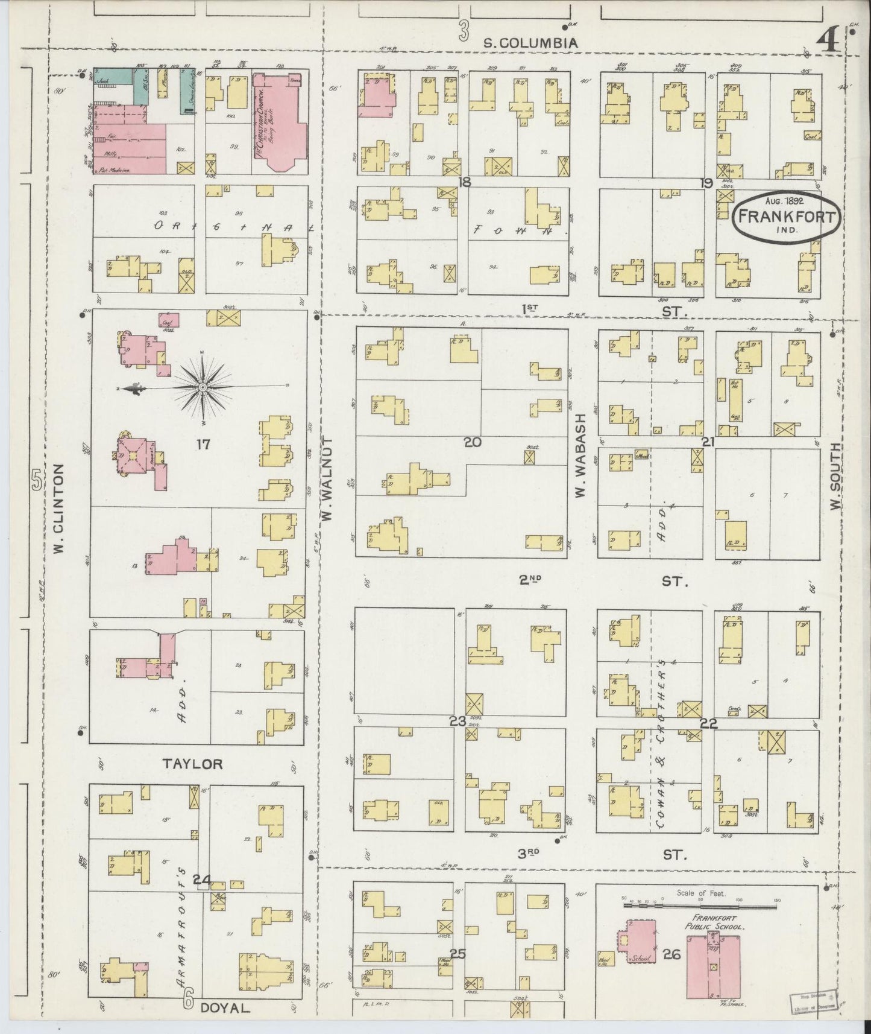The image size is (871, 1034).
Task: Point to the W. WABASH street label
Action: click(x=580, y=455)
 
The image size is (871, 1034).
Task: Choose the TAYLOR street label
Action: click(x=192, y=764)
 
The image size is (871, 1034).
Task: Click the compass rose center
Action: click(x=203, y=386)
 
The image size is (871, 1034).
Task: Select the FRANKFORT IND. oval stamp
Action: click(x=787, y=217)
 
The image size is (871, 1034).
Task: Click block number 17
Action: click(x=203, y=445)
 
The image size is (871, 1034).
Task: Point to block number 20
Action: click(x=472, y=442)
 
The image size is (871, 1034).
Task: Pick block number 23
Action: click(x=458, y=720)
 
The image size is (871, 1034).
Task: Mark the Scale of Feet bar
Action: click(x=701, y=905)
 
